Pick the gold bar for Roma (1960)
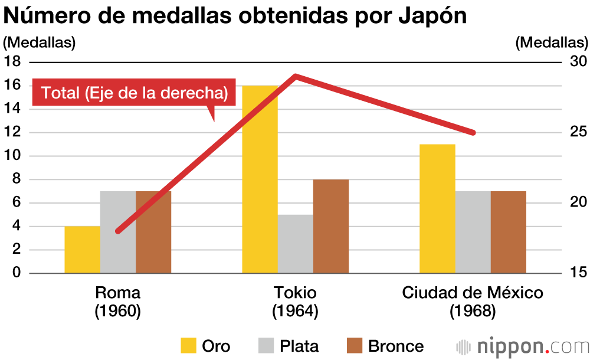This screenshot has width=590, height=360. [83, 250]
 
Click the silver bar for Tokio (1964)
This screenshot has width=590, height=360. [295, 244]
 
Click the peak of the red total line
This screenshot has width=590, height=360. [295, 76]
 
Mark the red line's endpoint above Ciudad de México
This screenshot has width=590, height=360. [473, 133]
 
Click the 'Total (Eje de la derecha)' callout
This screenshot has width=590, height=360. [135, 93]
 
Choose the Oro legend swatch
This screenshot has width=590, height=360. [188, 346]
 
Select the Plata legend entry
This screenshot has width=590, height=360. [289, 346]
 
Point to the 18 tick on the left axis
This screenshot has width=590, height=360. [12, 61]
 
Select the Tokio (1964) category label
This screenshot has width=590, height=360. [295, 302]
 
